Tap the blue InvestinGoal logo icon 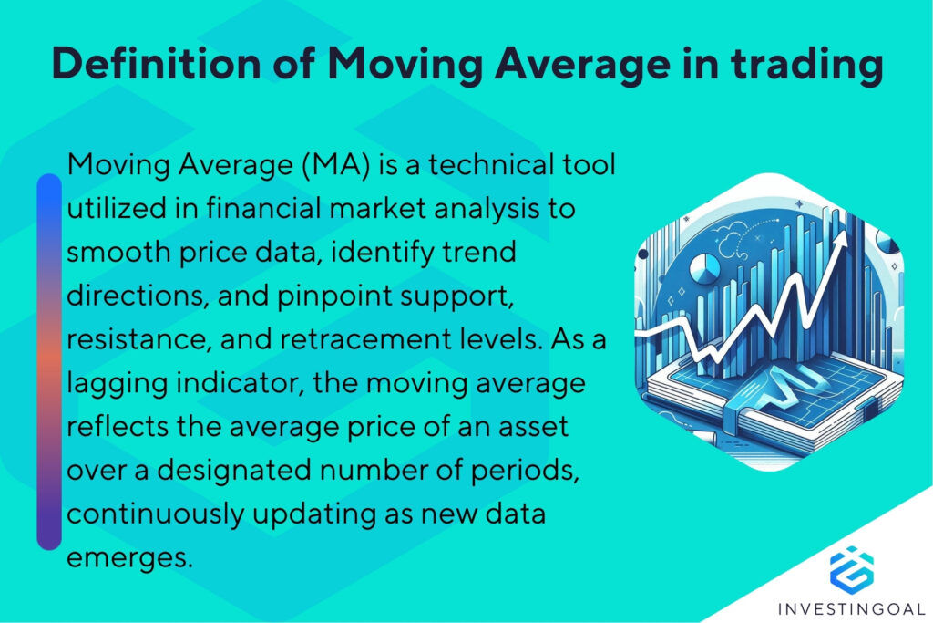(x=851, y=567)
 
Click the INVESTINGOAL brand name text (x=851, y=607)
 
